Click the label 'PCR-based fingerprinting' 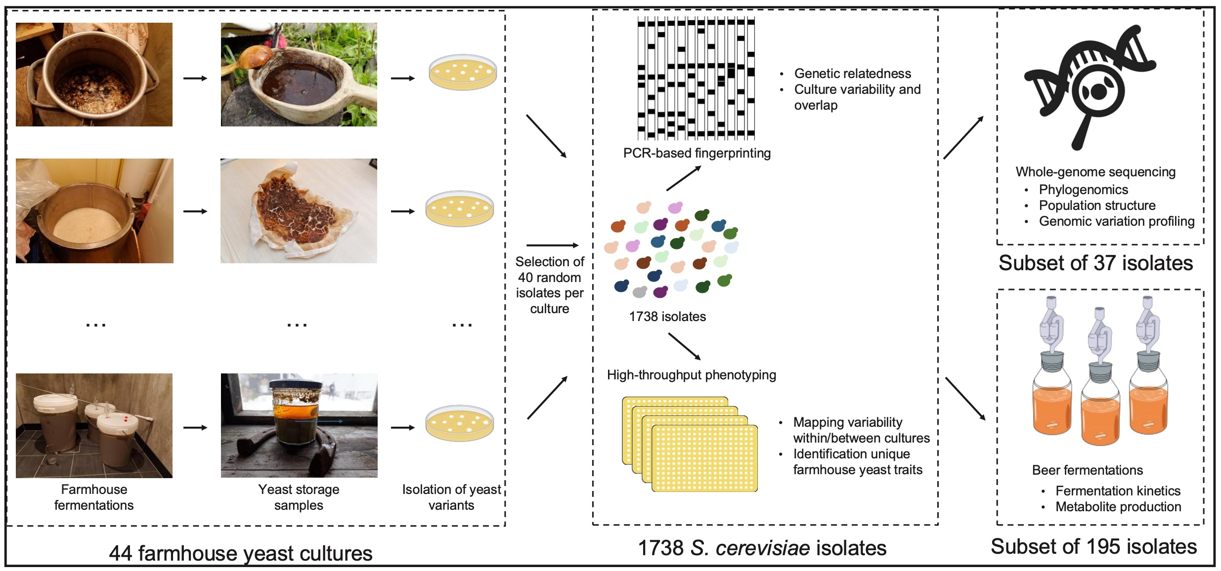[x=697, y=153]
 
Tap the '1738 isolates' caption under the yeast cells [x=667, y=317]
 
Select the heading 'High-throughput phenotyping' [x=691, y=375]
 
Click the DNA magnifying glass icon [x=1090, y=86]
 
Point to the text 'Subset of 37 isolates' [x=1095, y=263]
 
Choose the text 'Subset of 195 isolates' [x=1093, y=547]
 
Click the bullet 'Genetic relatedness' [x=852, y=74]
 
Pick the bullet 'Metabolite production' [x=1118, y=507]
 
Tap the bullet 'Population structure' [x=1097, y=205]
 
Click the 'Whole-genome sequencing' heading [x=1095, y=172]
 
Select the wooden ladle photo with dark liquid [x=299, y=75]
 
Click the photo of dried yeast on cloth [x=299, y=211]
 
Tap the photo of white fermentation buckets [x=94, y=425]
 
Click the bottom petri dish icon [x=460, y=423]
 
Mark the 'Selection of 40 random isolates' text [x=549, y=285]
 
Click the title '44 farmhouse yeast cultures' [x=241, y=553]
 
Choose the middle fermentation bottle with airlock [x=1100, y=380]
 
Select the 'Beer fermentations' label [x=1087, y=470]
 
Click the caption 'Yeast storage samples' [x=299, y=497]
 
